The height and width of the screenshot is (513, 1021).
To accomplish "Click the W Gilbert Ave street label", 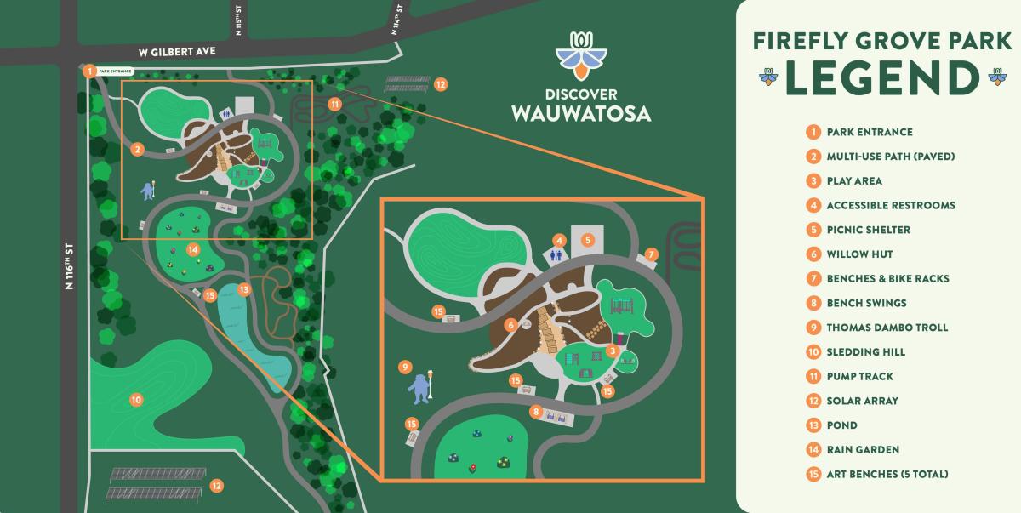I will (x=178, y=52).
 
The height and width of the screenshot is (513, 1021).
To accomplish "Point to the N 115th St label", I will (x=239, y=19).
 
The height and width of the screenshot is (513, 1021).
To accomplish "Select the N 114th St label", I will (x=397, y=17).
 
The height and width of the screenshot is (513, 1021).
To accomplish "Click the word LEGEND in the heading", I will (x=882, y=77).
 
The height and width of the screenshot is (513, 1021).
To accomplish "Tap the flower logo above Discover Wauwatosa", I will (x=581, y=54).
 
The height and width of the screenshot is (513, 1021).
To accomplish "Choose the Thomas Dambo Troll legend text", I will (x=887, y=328).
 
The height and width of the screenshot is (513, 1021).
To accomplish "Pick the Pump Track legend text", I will (x=859, y=376).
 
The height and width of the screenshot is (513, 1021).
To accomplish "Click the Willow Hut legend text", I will (x=859, y=254).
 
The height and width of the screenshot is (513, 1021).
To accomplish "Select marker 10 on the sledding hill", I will (x=135, y=399).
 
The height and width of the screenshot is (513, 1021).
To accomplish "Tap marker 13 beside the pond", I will (x=244, y=289).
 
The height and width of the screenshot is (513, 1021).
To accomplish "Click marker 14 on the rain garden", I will (x=193, y=250).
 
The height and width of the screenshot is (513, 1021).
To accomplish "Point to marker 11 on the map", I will (x=334, y=104).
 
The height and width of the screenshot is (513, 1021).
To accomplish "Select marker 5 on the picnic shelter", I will (x=587, y=240).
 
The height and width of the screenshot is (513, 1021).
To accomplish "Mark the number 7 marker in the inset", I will (x=652, y=254).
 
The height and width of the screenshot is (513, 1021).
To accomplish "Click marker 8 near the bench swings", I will (x=535, y=412).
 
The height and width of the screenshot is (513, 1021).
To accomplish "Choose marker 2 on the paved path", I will (x=137, y=150).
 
